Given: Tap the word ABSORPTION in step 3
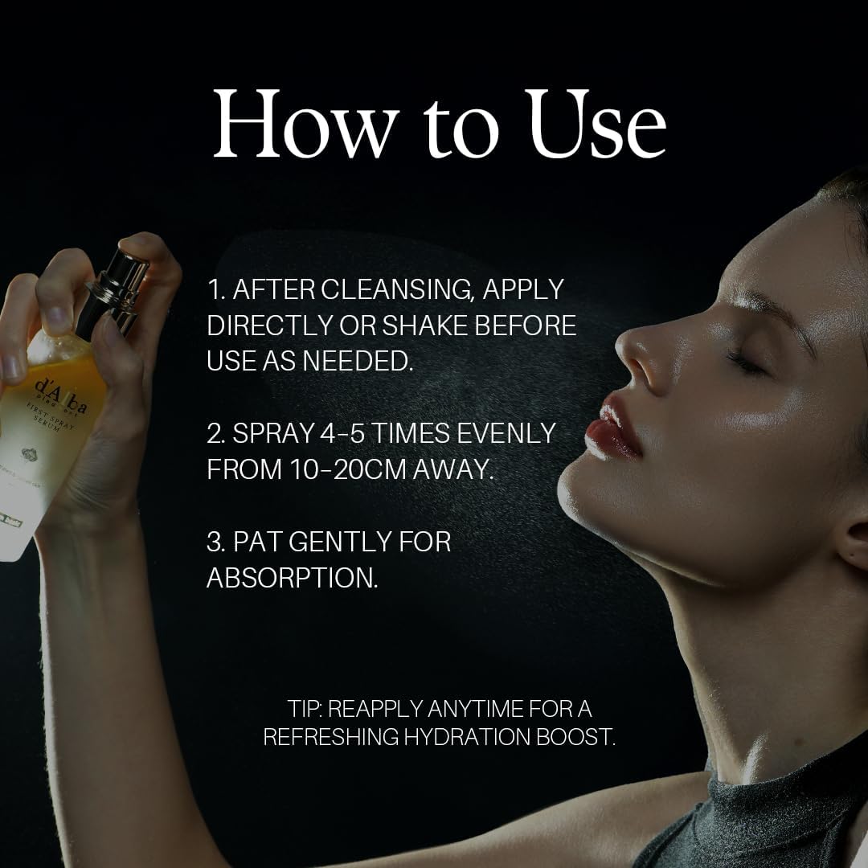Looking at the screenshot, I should [292, 578].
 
